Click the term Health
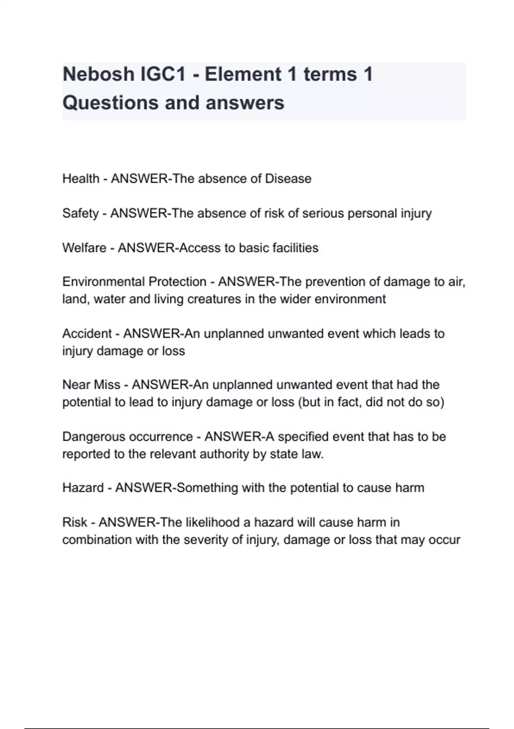81,178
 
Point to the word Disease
288,178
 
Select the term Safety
80,213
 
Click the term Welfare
84,248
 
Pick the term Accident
87,334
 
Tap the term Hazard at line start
83,488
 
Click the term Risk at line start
75,522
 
